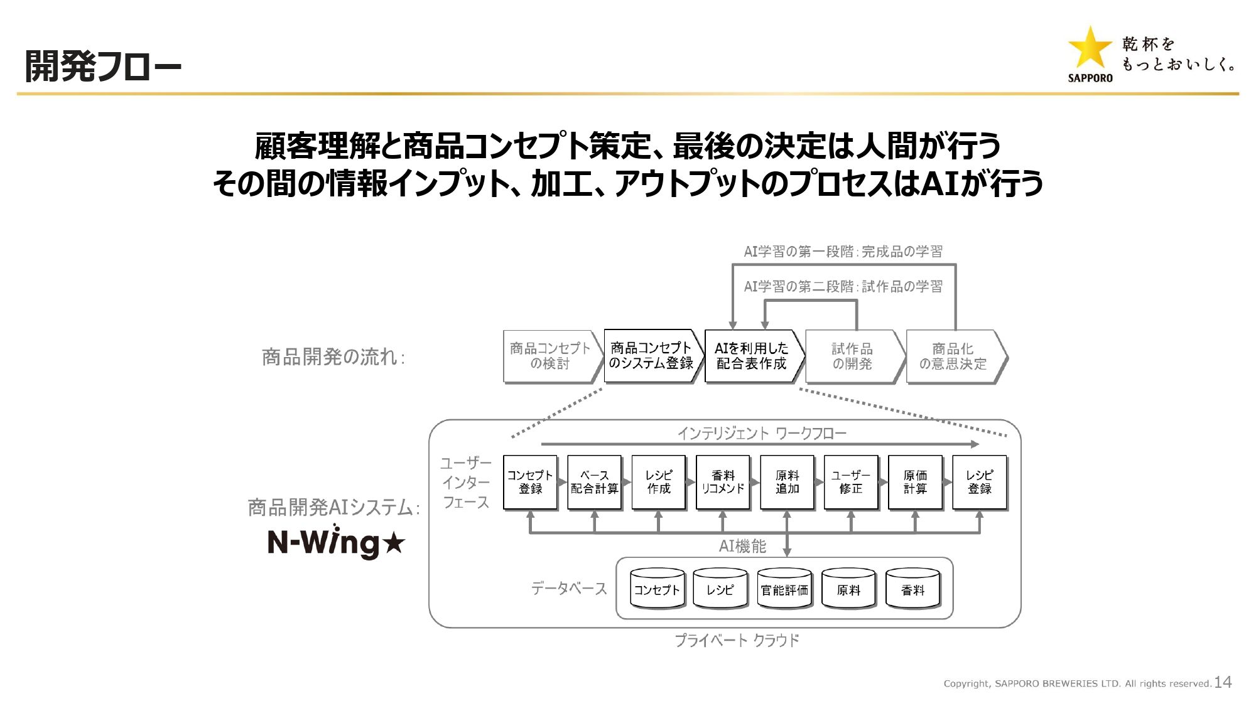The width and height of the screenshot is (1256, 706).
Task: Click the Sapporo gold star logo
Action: (x=1090, y=48)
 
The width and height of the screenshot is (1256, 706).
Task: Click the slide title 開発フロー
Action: (x=103, y=67)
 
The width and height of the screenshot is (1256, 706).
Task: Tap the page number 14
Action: (x=1222, y=682)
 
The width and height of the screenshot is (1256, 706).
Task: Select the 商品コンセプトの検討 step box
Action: (x=550, y=356)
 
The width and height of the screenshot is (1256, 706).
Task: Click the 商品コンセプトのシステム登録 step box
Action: (x=651, y=356)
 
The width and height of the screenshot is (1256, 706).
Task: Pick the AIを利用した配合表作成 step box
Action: (x=751, y=356)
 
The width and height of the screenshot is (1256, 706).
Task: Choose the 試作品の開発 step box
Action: (x=852, y=356)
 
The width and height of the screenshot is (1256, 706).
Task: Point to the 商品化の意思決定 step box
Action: (x=953, y=356)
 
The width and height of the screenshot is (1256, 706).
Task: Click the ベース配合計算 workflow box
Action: (x=594, y=482)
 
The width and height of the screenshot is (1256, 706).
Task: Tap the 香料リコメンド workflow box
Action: (x=723, y=482)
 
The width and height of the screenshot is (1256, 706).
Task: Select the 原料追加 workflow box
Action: (x=787, y=482)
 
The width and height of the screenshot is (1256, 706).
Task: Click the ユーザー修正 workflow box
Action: (x=851, y=482)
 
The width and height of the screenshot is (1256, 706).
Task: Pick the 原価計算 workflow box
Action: (x=915, y=482)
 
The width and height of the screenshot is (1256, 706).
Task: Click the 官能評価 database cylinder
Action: (x=784, y=589)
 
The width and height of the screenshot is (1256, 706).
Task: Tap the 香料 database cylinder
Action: (x=912, y=589)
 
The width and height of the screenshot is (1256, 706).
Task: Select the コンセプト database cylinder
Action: (x=657, y=589)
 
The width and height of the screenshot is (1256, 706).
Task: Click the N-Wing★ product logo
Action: (x=336, y=542)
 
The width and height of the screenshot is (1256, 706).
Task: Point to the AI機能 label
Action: (x=742, y=547)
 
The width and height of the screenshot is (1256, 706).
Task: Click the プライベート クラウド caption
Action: (x=737, y=640)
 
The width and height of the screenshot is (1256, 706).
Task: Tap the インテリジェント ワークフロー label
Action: (x=761, y=433)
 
